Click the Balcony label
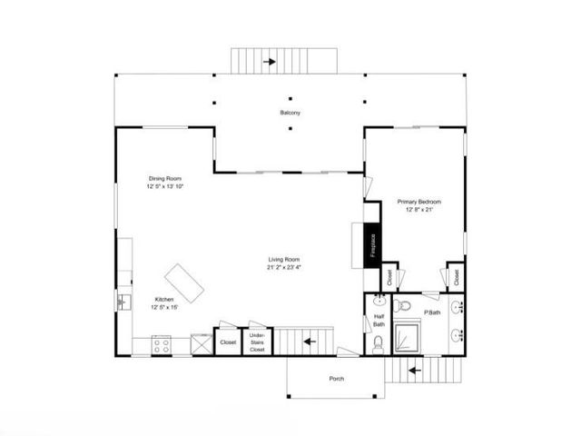click(x=290, y=113)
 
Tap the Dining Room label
click(x=165, y=178)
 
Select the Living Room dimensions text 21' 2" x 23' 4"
click(x=284, y=267)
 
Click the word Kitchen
click(x=163, y=300)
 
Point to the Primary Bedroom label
click(x=419, y=201)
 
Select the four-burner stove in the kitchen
click(x=162, y=344)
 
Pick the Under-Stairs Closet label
click(x=257, y=342)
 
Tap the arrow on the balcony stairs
click(x=269, y=62)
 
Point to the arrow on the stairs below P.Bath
click(x=412, y=370)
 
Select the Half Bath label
click(x=379, y=321)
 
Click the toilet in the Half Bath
click(x=378, y=343)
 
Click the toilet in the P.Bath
click(x=406, y=302)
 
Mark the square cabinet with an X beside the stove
click(x=197, y=343)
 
